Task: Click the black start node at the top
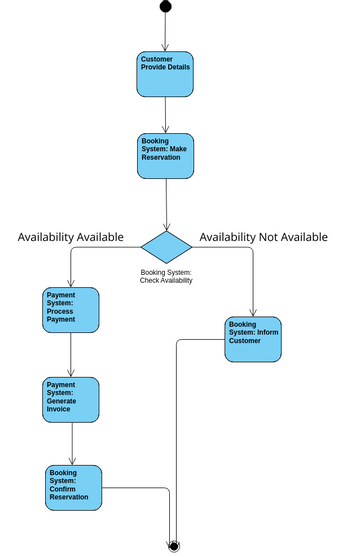pos(165,7)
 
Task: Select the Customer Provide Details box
pos(165,74)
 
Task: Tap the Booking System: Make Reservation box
pos(165,155)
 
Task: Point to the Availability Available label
pos(71,237)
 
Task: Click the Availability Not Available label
pos(263,237)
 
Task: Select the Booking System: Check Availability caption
pos(166,276)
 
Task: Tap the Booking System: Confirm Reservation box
pos(73,487)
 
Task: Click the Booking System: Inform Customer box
pos(253,339)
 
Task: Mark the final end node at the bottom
pos(174,546)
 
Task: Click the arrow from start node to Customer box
pos(165,32)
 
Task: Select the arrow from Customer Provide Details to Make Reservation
pos(165,115)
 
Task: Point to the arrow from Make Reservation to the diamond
pos(165,204)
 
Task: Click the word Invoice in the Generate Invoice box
pos(59,409)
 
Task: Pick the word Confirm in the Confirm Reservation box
pos(63,488)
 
